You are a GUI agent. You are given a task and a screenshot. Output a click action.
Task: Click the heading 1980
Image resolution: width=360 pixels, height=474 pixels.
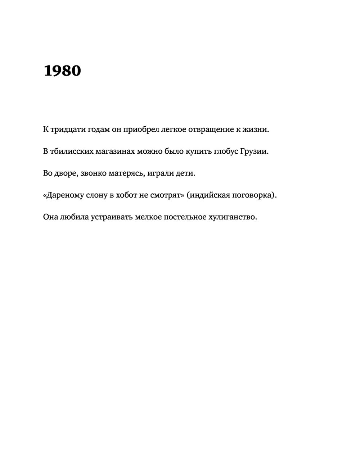pos(62,71)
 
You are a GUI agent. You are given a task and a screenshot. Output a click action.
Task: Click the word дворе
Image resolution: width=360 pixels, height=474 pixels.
pos(66,173)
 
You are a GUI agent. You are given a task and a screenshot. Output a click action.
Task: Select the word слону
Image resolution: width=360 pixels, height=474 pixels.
pos(96,195)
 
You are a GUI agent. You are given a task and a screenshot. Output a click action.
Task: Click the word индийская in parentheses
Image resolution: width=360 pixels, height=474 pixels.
pos(209,195)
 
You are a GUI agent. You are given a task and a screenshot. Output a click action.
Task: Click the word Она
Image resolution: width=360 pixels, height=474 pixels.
pos(50,217)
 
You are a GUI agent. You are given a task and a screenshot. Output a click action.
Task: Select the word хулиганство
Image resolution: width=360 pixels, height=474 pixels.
pos(233,217)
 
